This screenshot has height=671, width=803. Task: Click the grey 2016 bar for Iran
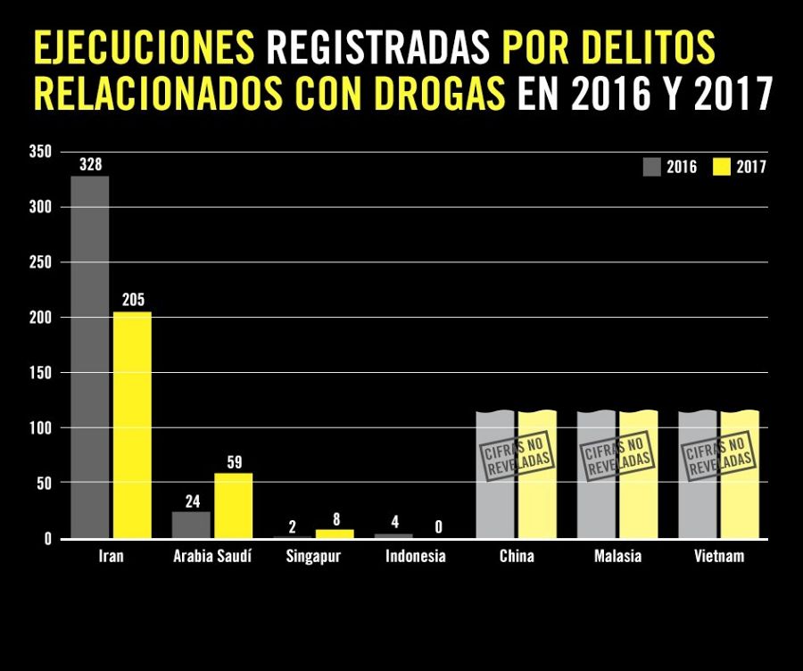90,357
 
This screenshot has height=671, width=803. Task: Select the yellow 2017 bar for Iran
132,425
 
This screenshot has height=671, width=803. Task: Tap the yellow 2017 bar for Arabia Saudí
234,506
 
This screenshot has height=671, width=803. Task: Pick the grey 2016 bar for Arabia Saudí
191,525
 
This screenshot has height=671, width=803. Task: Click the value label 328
90,165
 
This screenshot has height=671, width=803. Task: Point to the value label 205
132,300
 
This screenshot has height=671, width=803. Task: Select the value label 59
234,462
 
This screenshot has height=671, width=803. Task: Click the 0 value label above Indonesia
438,527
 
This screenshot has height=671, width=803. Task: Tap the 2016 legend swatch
650,166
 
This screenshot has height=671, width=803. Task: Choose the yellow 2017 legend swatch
721,166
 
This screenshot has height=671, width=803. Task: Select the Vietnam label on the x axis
719,557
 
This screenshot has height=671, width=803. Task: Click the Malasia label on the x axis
617,557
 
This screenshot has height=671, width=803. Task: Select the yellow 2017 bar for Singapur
335,534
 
